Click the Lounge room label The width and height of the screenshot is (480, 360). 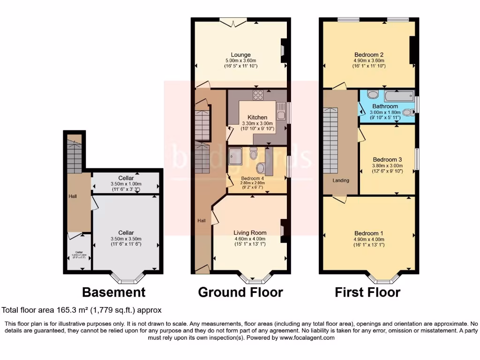[x=240, y=54]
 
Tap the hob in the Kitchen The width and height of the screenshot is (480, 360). [x=258, y=95]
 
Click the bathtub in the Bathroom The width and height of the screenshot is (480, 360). [x=398, y=97]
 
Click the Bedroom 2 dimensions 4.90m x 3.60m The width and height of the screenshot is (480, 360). [x=368, y=60]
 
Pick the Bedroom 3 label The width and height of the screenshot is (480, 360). [x=387, y=159]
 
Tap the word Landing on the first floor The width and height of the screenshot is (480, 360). [x=340, y=180]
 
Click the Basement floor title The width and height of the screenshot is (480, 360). [x=113, y=292]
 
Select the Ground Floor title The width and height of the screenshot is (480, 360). [x=240, y=292]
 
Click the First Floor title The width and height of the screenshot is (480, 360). [x=367, y=292]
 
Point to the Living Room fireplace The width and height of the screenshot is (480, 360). [x=283, y=231]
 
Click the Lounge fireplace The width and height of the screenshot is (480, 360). [x=283, y=50]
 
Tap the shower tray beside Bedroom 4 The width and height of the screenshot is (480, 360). [x=235, y=155]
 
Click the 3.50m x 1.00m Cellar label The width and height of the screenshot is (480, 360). [x=126, y=181]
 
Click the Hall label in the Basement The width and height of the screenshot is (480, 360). [x=73, y=196]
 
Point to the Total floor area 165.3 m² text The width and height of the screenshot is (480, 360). [x=82, y=310]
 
